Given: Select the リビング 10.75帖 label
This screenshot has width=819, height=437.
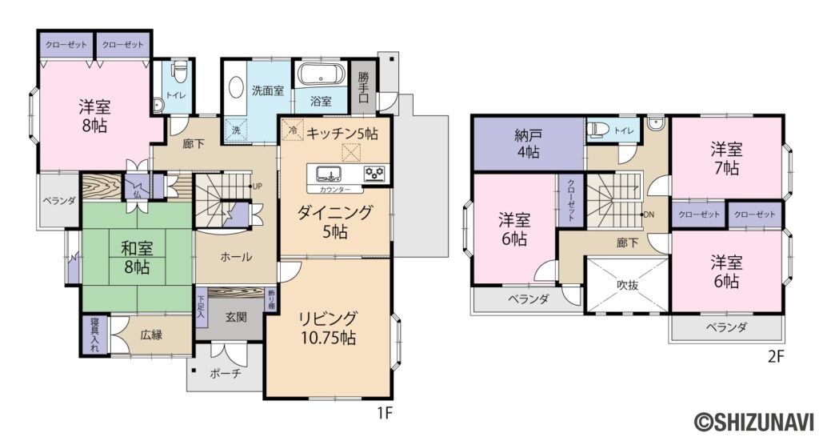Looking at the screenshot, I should point(327,327).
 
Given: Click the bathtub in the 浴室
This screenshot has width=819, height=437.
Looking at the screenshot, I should point(321,76).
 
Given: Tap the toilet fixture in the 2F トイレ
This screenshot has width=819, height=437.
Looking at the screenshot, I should point(597,130).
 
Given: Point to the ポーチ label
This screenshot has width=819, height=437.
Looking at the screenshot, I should point(226,373).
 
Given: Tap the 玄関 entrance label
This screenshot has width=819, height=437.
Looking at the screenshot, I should point(235,317).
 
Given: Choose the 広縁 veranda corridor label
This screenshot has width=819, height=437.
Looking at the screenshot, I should point(151,335).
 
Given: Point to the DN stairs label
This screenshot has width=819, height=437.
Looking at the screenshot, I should point(649,214).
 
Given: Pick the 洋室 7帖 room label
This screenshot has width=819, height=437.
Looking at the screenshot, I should point(726,158).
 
